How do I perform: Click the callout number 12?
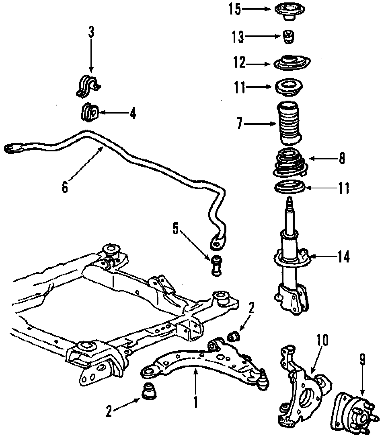239,63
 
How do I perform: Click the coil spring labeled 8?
289,163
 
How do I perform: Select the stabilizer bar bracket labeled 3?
88,86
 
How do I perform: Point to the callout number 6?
65,188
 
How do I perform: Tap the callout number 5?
175,228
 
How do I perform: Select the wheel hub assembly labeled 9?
352,411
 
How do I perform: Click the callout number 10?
322,340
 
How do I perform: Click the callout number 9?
363,359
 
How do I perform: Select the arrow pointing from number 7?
259,124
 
